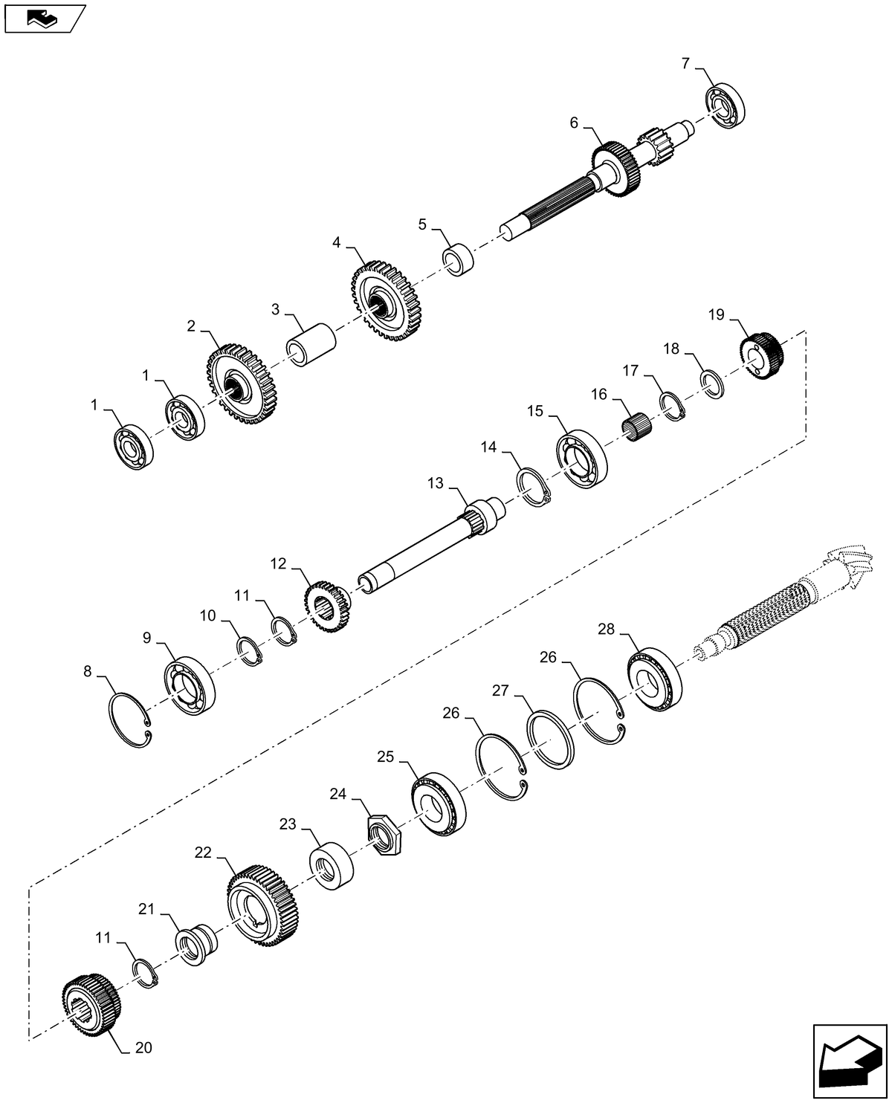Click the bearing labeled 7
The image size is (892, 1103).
[x=725, y=107]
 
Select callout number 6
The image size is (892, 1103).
[x=574, y=123]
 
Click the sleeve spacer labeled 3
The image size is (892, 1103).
[x=311, y=343]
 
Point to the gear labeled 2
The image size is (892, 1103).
[x=237, y=384]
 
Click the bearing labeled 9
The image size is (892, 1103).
[x=190, y=685]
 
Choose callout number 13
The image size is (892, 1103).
[x=435, y=484]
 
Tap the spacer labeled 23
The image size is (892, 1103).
[x=332, y=864]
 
